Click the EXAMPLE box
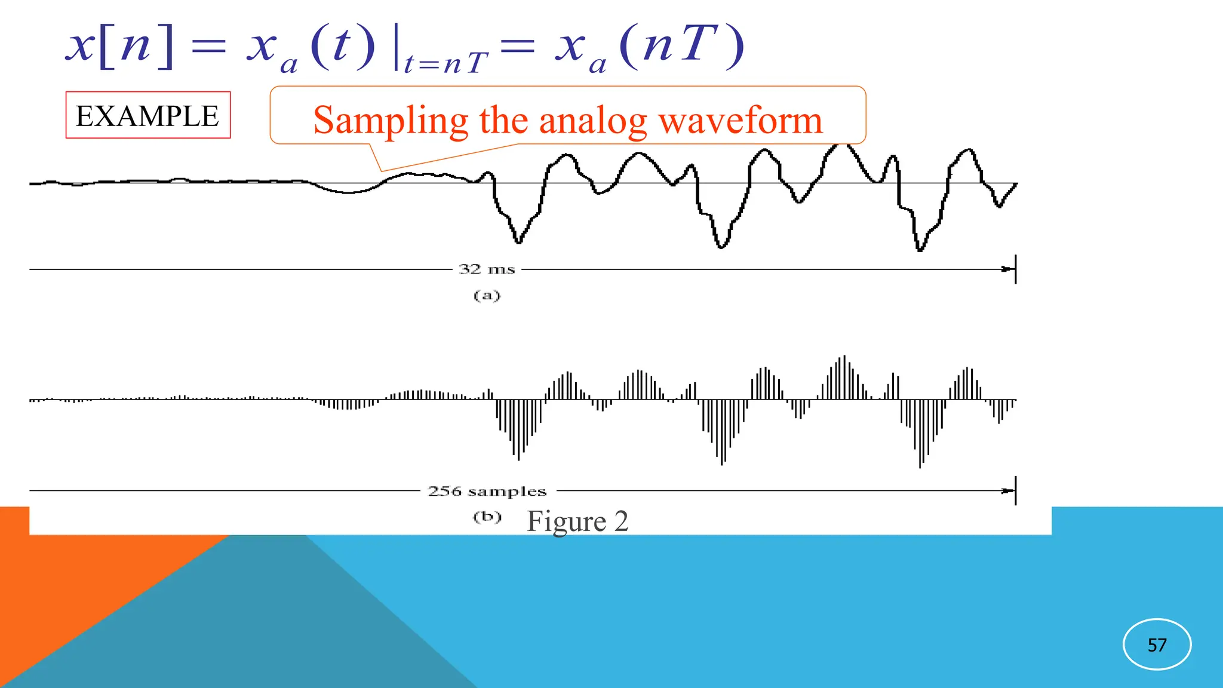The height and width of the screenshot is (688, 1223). coord(148,115)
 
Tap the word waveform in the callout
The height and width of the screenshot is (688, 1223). coord(740,121)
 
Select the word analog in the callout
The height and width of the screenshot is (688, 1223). coord(593,121)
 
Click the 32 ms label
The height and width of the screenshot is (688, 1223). coord(487,269)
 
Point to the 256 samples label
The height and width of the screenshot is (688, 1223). coord(487,492)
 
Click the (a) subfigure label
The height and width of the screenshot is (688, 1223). coord(487,296)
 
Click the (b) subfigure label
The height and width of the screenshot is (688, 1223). coord(487,517)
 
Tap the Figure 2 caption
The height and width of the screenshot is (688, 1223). coord(577,521)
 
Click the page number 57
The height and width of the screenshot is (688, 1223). coord(1157,645)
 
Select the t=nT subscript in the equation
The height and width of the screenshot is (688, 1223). coord(445,62)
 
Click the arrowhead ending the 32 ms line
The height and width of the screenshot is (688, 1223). coord(1009,269)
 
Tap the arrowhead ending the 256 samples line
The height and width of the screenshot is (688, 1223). coord(1009,491)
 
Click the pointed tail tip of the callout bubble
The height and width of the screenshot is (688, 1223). coord(381,171)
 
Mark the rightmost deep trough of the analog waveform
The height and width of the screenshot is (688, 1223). coord(920,248)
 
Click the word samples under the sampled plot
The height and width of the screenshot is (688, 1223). coord(507,492)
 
